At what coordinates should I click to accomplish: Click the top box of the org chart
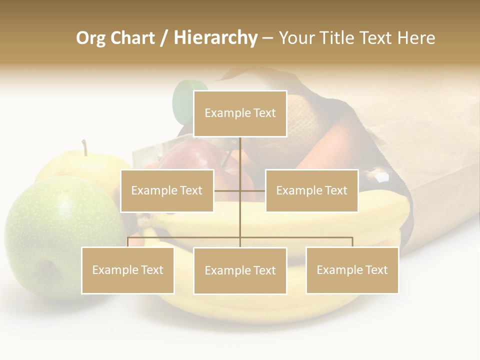(x=240, y=113)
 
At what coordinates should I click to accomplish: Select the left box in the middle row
(x=167, y=190)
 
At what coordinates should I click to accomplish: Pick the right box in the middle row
(x=311, y=190)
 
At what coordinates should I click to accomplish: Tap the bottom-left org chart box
(x=127, y=270)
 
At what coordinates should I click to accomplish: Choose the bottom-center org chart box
(x=240, y=270)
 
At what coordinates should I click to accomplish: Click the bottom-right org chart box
(x=352, y=270)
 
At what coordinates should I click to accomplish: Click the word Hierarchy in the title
(x=215, y=38)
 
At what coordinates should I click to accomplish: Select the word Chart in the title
(x=132, y=38)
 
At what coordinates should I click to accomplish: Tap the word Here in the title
(x=416, y=38)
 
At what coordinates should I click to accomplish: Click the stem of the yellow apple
(x=85, y=147)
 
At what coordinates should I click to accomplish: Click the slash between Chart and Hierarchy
(x=163, y=38)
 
